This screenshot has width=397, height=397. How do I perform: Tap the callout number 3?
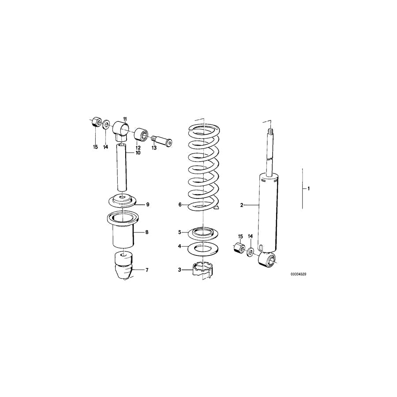click(180, 270)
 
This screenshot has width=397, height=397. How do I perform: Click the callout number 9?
click(148, 204)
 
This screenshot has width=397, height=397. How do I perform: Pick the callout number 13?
click(154, 148)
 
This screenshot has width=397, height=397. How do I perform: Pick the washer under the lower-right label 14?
click(250, 253)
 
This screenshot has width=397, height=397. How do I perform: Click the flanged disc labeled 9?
click(121, 201)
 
